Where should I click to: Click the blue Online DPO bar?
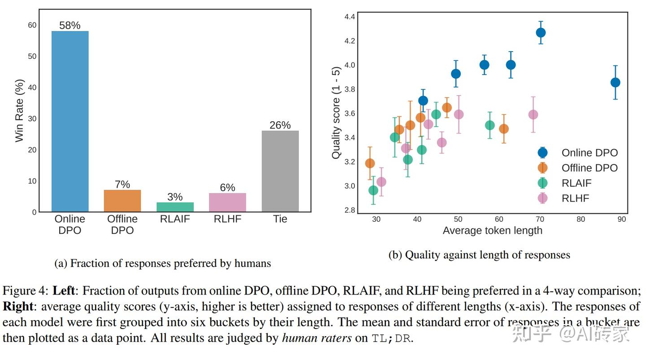coord(70,121)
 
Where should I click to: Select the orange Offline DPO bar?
coord(122,201)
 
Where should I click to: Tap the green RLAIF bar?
coord(175,207)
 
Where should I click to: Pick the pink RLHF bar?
coord(227,202)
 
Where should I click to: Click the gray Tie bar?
coord(280,171)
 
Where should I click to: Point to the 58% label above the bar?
coord(70,26)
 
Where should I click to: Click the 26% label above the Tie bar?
coord(280,125)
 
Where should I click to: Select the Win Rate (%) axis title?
coord(19,111)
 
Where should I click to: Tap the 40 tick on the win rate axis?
coord(32,87)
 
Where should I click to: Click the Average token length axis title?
coord(492,231)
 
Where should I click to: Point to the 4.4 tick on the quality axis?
coord(349,17)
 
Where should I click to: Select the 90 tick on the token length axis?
coord(621,220)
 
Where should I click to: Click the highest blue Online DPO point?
coord(541,33)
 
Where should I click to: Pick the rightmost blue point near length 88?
coord(615,82)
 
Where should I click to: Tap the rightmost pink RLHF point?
coord(533,114)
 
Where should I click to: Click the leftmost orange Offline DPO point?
coord(370,163)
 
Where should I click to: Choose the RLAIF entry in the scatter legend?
coord(576,183)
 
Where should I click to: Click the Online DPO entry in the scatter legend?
coord(589,153)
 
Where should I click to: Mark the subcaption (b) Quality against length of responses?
coord(479,255)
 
